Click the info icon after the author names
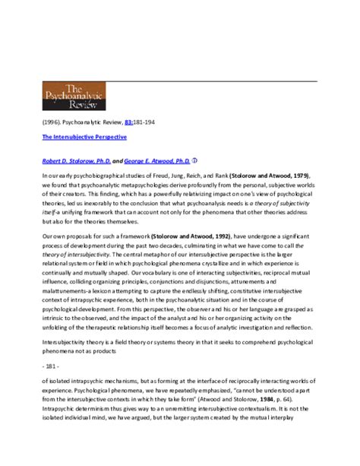coord(195,160)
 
